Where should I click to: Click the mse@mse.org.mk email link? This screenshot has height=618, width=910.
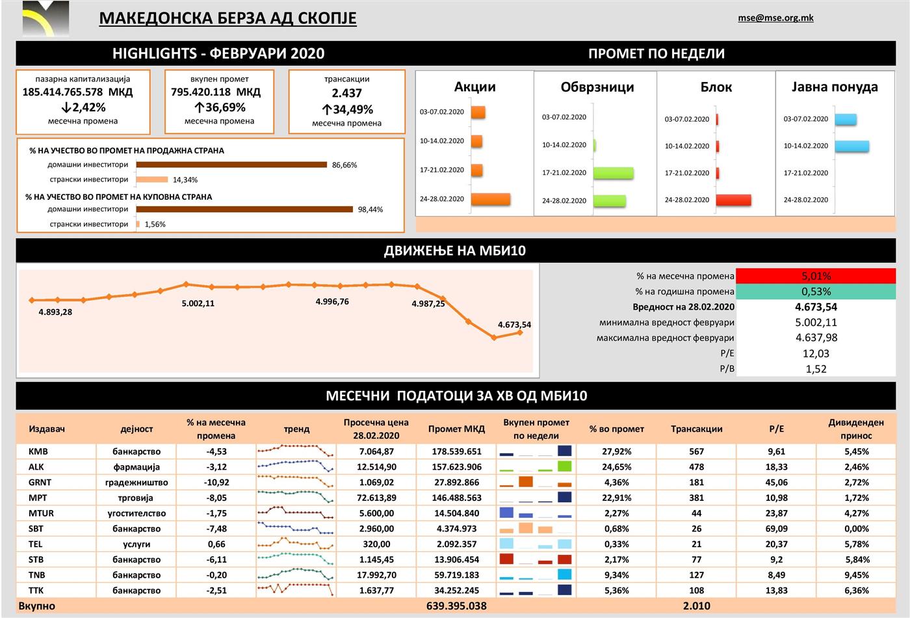(x=775, y=18)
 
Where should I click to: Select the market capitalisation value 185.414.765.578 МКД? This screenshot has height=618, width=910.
(x=77, y=92)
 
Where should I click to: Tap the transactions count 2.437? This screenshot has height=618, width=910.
(x=346, y=93)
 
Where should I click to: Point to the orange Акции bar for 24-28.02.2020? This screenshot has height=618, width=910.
(x=490, y=199)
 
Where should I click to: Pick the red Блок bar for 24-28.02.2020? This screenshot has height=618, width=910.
(x=734, y=200)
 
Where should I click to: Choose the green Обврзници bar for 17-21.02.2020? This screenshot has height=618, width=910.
(x=613, y=173)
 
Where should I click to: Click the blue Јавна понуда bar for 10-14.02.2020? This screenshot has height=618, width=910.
(x=851, y=146)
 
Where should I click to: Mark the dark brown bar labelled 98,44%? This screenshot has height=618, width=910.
(x=244, y=209)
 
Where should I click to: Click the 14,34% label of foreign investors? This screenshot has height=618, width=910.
(x=185, y=180)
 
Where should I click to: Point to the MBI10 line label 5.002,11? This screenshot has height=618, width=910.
(x=198, y=303)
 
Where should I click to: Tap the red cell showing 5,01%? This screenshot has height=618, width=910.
(x=816, y=276)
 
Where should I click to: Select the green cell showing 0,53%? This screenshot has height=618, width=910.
(x=816, y=291)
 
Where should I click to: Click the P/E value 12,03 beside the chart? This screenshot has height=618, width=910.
(x=816, y=353)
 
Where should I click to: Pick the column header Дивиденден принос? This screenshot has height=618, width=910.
(x=856, y=429)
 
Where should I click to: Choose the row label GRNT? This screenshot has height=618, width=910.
(x=40, y=482)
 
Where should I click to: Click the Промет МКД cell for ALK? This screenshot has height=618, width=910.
(x=456, y=466)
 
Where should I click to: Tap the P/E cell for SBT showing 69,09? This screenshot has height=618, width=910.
(x=777, y=528)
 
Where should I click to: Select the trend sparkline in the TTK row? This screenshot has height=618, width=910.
(x=296, y=590)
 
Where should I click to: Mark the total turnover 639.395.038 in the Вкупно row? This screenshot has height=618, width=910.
(x=456, y=606)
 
